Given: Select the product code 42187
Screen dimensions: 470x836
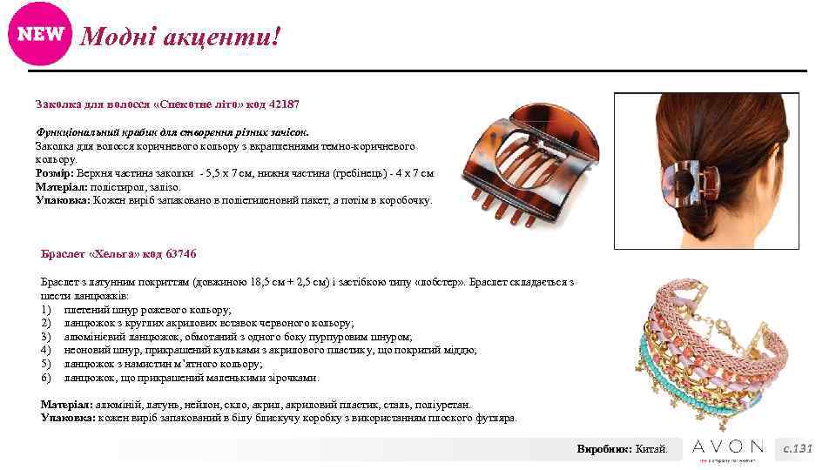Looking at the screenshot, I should pos(282,104).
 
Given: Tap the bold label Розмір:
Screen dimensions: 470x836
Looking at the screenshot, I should pos(57,174).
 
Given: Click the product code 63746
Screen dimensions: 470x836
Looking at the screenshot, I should pos(179,254).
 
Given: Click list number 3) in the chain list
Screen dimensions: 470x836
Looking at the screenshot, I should pos(47,337).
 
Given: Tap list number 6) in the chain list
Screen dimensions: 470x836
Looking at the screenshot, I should pos(47,378).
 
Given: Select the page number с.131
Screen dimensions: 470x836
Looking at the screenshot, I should pos(797,448).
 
